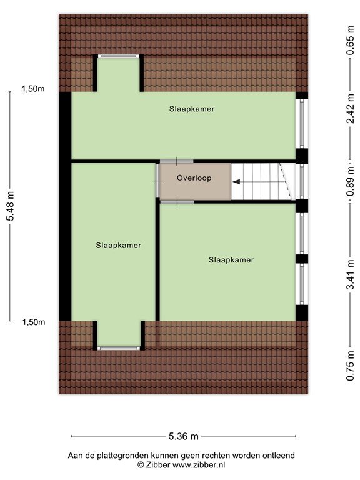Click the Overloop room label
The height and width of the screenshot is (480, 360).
point(194,178)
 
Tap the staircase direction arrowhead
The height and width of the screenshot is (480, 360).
point(236,182)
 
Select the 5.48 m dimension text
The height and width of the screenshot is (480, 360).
point(11,206)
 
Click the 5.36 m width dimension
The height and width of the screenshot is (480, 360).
point(184,436)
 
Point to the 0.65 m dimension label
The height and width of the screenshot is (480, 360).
point(350,41)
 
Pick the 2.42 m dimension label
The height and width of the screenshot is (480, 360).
point(350,109)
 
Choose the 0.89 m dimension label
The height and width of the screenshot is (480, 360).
point(350,181)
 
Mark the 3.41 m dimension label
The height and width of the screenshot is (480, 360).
point(350,274)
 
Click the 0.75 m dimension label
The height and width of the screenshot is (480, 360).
point(350,366)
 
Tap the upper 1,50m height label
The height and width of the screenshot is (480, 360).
point(32,89)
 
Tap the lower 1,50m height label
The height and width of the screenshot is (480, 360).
point(34,322)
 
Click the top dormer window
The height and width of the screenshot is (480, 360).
point(119,56)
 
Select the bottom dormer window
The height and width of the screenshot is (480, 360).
point(119,348)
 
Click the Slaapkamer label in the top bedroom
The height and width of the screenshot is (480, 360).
point(192,109)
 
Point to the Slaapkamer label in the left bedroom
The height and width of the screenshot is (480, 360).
point(119,245)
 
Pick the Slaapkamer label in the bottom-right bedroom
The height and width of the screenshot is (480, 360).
point(231,260)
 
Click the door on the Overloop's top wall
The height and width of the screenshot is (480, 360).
point(177,161)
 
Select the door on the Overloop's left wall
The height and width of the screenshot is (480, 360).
point(157,181)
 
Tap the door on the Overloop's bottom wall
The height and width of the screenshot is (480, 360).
point(177,202)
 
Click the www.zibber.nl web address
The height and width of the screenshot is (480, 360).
point(199,465)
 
